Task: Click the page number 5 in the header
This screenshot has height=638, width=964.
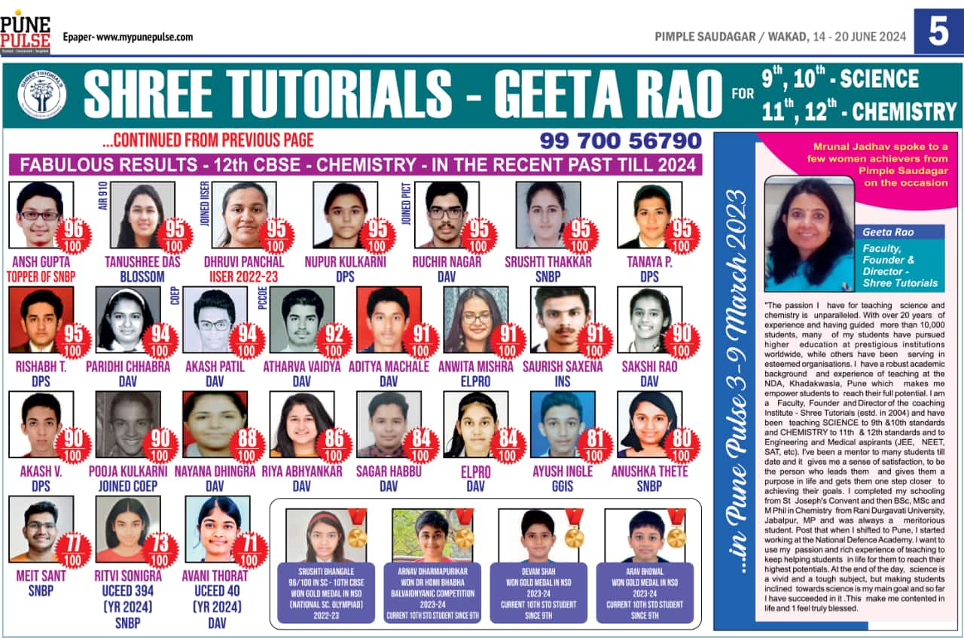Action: point(938,32)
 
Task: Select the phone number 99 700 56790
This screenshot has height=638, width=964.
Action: point(621,141)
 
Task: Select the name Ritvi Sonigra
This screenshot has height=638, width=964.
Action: point(127,576)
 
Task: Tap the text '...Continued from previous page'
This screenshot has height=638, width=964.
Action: point(208,140)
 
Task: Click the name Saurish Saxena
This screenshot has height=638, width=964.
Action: point(563,367)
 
